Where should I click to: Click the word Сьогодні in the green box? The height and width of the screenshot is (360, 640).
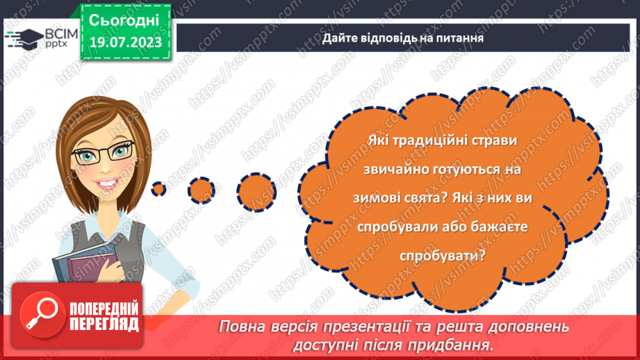point(124,19)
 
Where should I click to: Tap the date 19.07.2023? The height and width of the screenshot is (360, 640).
point(124,43)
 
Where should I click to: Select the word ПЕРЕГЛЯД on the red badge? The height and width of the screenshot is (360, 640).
point(104,324)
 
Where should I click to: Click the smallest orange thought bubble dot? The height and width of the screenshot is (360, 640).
point(159,188)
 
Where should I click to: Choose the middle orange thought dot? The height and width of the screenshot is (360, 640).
point(202,188)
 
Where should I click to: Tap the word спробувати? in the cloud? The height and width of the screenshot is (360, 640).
point(443,255)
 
